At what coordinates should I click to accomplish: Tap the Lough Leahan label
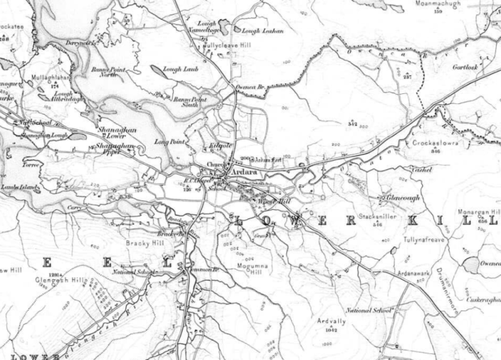[x=262, y=30]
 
